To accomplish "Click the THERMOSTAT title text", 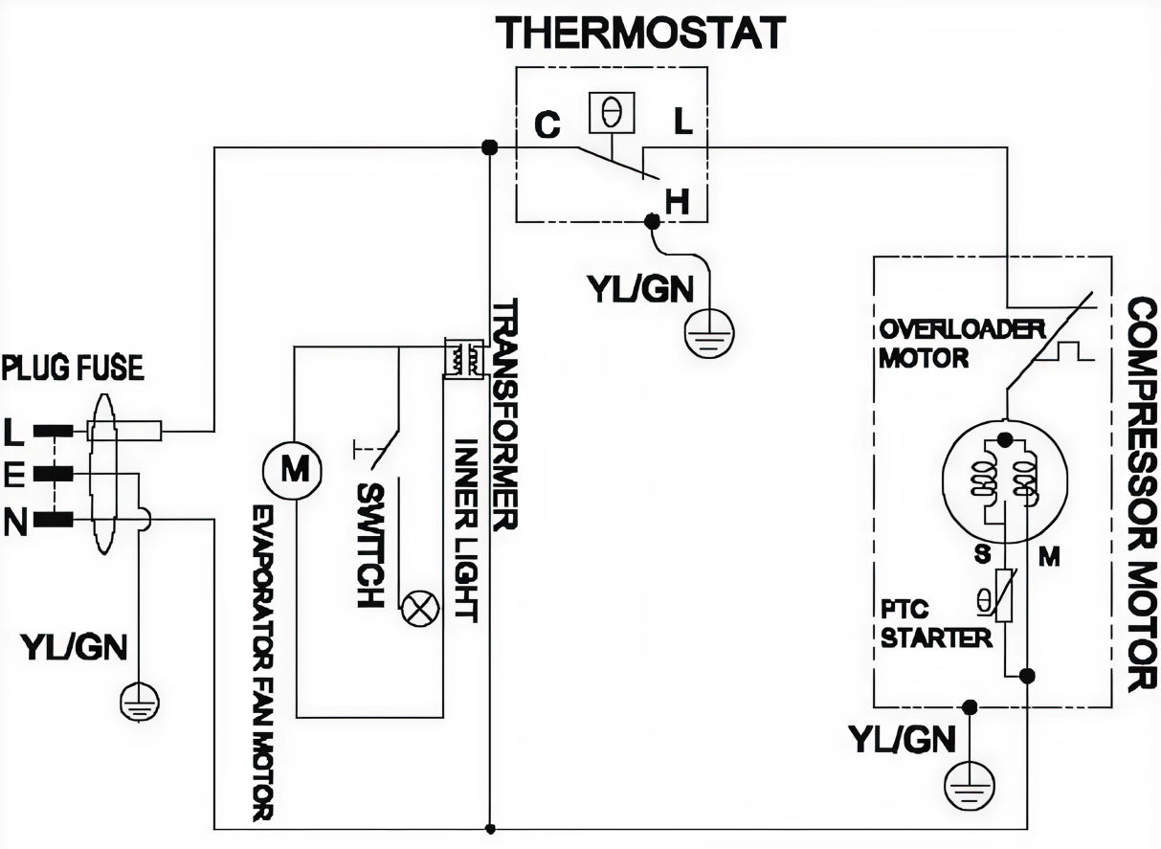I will click(x=640, y=33).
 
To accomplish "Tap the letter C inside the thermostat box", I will click(x=547, y=126).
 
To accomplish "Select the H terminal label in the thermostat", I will click(x=677, y=201).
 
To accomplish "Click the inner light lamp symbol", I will click(x=419, y=610).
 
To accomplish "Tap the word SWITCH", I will click(x=369, y=546).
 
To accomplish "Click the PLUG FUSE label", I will click(x=73, y=368).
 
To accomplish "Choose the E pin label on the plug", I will click(x=13, y=474).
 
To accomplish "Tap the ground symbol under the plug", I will click(x=139, y=704).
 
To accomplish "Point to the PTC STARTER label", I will click(x=922, y=624).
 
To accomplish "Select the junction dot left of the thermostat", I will click(x=489, y=147).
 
